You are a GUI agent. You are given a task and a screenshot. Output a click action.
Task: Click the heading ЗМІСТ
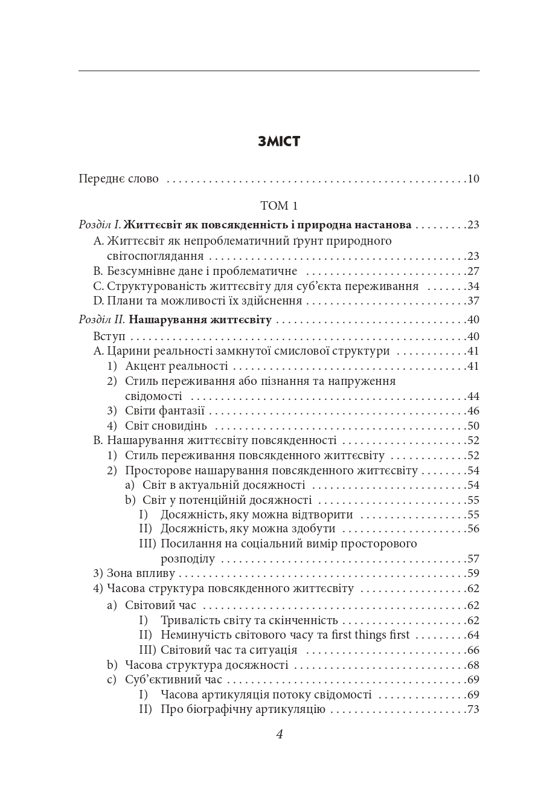[x=278, y=141]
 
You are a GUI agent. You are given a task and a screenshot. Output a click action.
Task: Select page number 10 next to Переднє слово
[x=473, y=179]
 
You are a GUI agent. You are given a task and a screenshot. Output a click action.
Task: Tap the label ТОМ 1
[x=278, y=205]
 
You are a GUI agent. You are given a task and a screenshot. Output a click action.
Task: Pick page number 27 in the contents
[x=473, y=271]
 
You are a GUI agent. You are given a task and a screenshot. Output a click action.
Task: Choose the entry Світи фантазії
[x=165, y=411]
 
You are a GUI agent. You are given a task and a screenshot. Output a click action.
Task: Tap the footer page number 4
[x=279, y=735]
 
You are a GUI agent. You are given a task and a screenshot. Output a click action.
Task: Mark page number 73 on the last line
[x=473, y=709]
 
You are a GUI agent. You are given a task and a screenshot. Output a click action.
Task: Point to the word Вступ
[x=109, y=336]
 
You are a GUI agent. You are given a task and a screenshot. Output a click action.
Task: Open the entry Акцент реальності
[x=176, y=366]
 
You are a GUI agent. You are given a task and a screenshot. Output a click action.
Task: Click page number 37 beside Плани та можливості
[x=473, y=301]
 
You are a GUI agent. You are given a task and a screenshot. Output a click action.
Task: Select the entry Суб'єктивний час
[x=173, y=680]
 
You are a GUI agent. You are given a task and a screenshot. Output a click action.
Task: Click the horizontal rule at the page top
[x=278, y=71]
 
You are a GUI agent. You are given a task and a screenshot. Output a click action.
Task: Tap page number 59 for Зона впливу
[x=473, y=573]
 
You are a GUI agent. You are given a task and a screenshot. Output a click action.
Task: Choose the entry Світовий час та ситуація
[x=229, y=650]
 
